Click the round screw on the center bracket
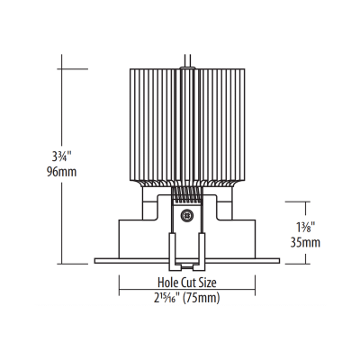point(187,215)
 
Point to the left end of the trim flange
point(95,262)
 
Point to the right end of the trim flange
point(278,262)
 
